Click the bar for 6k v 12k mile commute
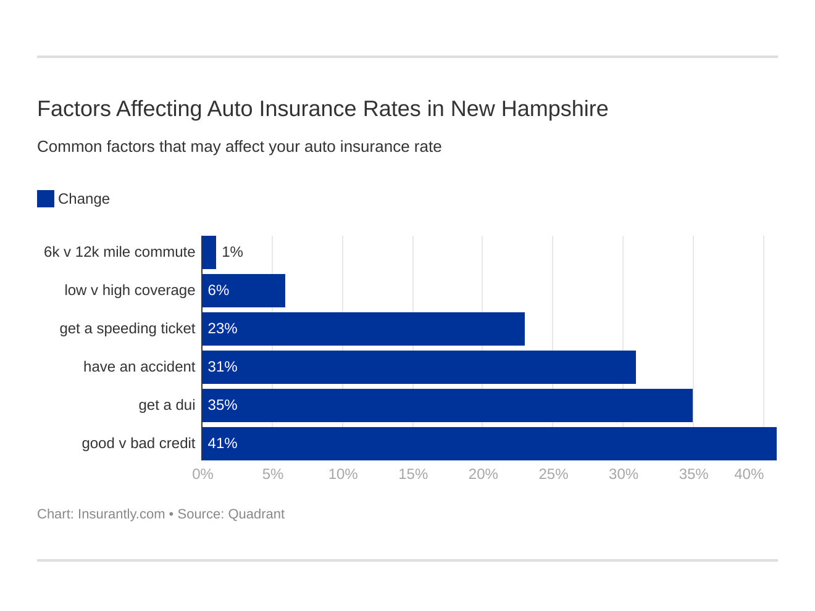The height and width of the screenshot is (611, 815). coord(209,252)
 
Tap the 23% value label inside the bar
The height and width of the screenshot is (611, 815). coord(222,328)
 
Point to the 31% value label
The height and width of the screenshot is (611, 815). coord(222,367)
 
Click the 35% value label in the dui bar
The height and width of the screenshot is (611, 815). coord(222,405)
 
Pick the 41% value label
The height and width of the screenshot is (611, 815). coord(222,443)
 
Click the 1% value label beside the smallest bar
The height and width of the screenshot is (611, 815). coord(232,252)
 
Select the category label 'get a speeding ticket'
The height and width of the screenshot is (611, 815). coord(127,328)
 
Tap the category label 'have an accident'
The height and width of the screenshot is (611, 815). coord(139,367)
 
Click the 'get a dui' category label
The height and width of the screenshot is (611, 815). coord(167,405)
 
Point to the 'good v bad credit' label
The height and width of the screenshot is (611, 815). coord(138,443)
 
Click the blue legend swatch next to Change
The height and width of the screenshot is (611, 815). coord(46,199)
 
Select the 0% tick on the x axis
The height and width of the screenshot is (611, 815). coord(203,474)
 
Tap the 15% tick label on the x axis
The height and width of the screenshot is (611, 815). coord(413,474)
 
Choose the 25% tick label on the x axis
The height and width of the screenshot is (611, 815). coord(553,474)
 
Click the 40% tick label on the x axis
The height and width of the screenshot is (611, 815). coord(748,474)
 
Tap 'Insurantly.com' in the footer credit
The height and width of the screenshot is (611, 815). coord(121,514)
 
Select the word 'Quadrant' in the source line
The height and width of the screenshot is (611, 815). coord(256,514)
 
